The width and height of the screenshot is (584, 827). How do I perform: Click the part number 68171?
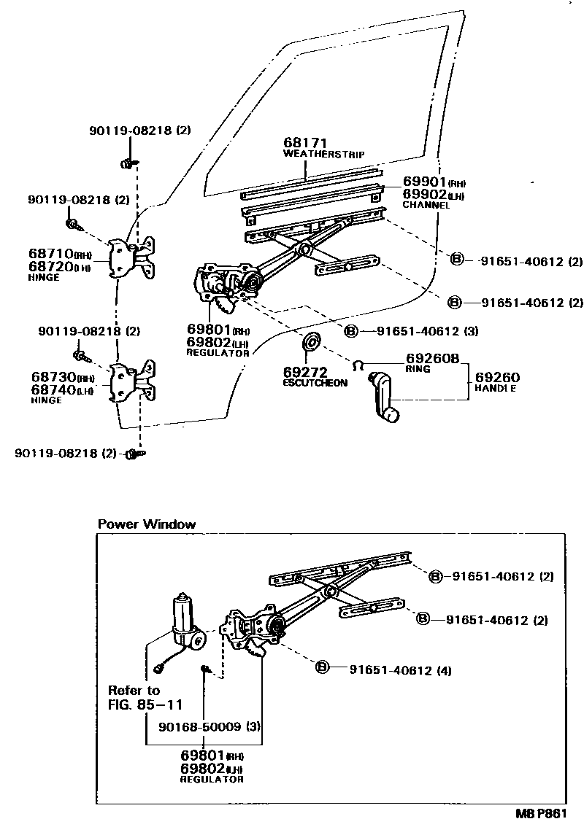pos(305,143)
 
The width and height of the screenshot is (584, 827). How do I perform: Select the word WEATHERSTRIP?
pos(323,155)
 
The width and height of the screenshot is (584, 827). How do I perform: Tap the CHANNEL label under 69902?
pos(426,206)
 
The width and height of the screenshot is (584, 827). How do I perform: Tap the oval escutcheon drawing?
pos(312,341)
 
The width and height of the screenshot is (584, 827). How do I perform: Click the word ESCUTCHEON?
pos(315,384)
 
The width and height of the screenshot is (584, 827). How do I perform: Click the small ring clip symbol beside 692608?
pos(358,365)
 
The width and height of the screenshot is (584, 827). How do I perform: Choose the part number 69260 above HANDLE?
pos(497,377)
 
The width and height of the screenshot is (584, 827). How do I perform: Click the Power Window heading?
pos(147,524)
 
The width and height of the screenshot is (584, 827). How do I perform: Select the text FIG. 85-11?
pos(145,704)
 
